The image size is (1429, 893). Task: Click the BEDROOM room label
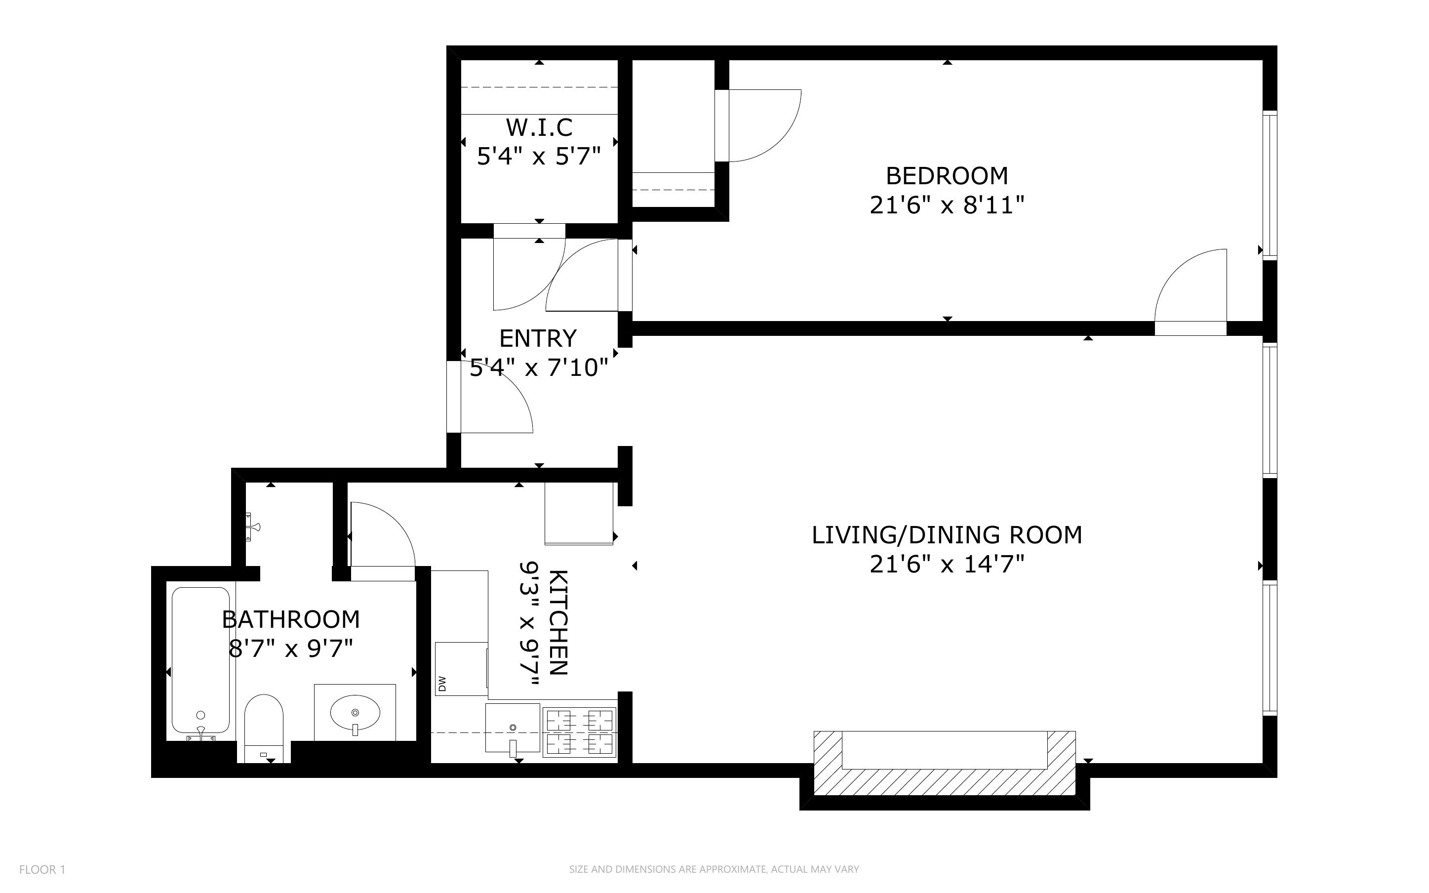(x=946, y=176)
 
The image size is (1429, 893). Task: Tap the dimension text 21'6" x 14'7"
(x=946, y=565)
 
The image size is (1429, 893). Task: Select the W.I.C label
(x=539, y=127)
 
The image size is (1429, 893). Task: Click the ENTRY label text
(x=538, y=338)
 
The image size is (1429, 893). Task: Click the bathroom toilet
(x=264, y=727)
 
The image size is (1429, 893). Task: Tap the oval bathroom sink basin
(x=355, y=712)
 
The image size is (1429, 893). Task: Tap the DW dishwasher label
(x=442, y=684)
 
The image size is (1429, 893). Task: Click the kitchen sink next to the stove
(x=513, y=728)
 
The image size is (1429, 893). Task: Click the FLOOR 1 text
(x=42, y=869)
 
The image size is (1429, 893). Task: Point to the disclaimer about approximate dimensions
(x=714, y=869)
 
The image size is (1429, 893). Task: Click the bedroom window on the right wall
(x=1270, y=184)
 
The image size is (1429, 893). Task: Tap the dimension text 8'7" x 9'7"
(x=290, y=649)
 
